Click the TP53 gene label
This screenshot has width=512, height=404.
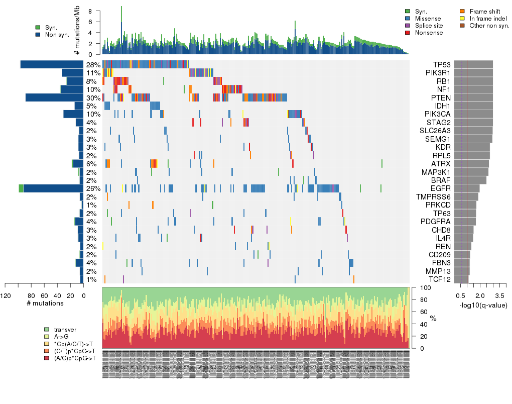(441, 65)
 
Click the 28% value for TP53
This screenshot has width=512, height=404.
(93, 65)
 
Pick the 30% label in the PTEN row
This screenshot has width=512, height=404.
(93, 98)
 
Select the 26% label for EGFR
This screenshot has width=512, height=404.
(93, 188)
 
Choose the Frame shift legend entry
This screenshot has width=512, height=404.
(482, 11)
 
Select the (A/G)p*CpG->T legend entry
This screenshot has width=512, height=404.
(74, 358)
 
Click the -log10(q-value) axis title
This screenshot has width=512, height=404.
(483, 305)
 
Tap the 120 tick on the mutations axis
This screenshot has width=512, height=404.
(6, 295)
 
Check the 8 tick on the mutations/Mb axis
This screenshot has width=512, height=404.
(90, 11)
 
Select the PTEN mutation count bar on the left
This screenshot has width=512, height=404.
(54, 97)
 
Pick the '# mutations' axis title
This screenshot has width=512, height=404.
(45, 304)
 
